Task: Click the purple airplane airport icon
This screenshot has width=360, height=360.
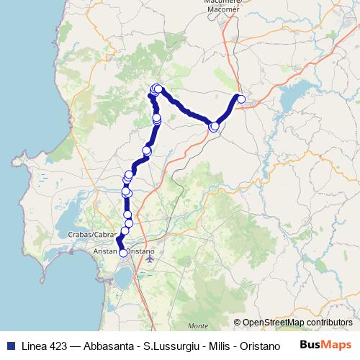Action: (149, 256)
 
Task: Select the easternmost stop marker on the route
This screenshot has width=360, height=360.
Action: (241, 99)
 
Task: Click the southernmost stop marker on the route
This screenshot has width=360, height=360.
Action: (122, 253)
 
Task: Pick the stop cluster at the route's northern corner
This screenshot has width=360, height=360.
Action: (156, 89)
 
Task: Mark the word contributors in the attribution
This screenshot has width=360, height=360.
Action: (332, 323)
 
